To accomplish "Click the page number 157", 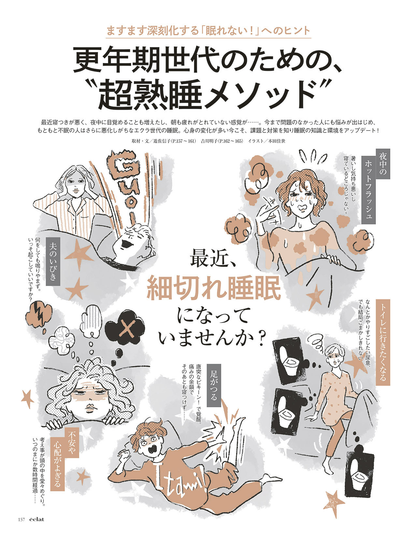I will (22, 520).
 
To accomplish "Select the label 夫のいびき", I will (53, 261).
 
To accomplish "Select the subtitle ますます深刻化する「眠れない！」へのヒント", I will (208, 31).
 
